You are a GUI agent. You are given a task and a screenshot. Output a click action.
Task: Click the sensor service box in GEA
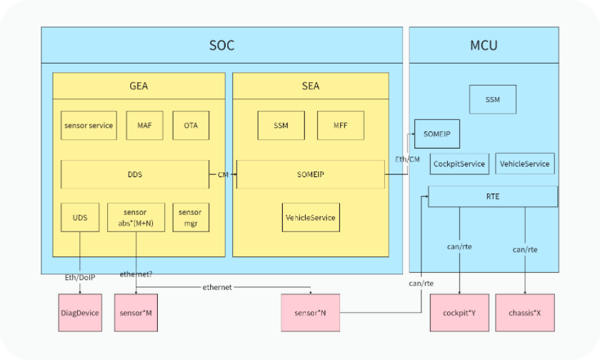pyautogui.click(x=89, y=126)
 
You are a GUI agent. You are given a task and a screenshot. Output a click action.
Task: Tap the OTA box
pyautogui.click(x=191, y=126)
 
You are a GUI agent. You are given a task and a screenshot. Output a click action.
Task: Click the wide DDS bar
pyautogui.click(x=134, y=174)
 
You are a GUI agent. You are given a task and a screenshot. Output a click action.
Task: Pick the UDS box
pyautogui.click(x=80, y=217)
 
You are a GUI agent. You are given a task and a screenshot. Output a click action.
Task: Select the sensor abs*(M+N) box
pyautogui.click(x=136, y=218)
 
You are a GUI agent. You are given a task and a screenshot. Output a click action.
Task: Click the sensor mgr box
pyautogui.click(x=190, y=218)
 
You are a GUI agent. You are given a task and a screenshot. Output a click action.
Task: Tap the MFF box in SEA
pyautogui.click(x=341, y=126)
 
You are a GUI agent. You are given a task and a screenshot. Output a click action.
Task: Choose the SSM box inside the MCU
pyautogui.click(x=493, y=99)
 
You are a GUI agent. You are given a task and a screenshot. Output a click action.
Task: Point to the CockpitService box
pyautogui.click(x=459, y=164)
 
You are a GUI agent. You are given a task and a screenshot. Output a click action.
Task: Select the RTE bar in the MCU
pyautogui.click(x=493, y=196)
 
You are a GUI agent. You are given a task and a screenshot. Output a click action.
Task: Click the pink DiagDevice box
pyautogui.click(x=79, y=313)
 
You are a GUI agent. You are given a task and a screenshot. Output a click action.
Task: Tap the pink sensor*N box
pyautogui.click(x=311, y=313)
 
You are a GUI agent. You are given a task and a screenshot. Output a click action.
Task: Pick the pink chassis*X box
pyautogui.click(x=525, y=313)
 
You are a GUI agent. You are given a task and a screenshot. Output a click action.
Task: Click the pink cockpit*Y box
pyautogui.click(x=459, y=313)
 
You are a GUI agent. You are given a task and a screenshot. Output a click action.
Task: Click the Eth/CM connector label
pyautogui.click(x=407, y=159)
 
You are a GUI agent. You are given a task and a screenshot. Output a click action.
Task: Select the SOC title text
pyautogui.click(x=222, y=46)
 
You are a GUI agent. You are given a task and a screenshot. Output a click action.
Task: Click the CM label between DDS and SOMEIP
pyautogui.click(x=223, y=175)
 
